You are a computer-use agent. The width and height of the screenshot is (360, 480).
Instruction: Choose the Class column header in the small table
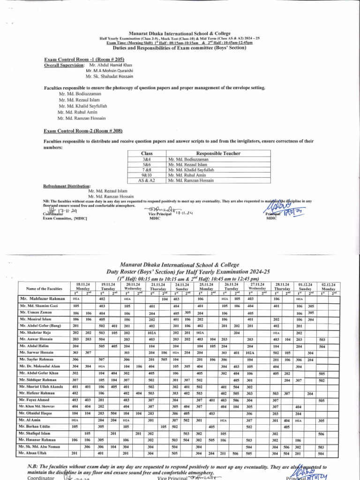pos(147,154)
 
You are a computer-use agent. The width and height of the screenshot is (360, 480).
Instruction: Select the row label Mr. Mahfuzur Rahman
pos(43,299)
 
